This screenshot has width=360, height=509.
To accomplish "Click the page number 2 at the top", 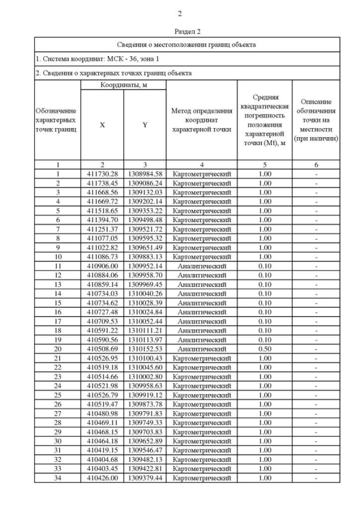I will pyautogui.click(x=180, y=13).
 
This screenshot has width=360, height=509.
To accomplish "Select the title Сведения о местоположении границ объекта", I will pyautogui.click(x=186, y=44).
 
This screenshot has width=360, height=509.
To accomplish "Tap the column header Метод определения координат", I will pyautogui.click(x=201, y=120).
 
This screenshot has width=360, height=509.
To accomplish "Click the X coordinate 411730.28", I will pyautogui.click(x=102, y=174).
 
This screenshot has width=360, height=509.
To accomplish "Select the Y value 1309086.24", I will pyautogui.click(x=145, y=183).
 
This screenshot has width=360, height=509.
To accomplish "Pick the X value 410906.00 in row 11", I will pyautogui.click(x=102, y=265).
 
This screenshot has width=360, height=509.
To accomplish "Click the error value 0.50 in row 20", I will pyautogui.click(x=264, y=349).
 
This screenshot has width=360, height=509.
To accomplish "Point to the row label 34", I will pyautogui.click(x=57, y=478).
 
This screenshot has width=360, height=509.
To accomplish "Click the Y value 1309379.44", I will pyautogui.click(x=145, y=478).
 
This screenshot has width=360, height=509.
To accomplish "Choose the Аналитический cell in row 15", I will pyautogui.click(x=201, y=303).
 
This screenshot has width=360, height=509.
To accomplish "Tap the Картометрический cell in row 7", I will pyautogui.click(x=201, y=229).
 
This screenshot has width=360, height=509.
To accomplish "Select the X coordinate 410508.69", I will pyautogui.click(x=102, y=349).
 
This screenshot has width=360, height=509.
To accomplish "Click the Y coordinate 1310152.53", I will pyautogui.click(x=145, y=349).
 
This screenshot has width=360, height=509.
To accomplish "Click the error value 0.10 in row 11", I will pyautogui.click(x=264, y=265).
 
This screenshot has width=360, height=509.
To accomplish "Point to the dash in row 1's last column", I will pyautogui.click(x=316, y=174).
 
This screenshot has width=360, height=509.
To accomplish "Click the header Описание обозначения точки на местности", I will pyautogui.click(x=316, y=120).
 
